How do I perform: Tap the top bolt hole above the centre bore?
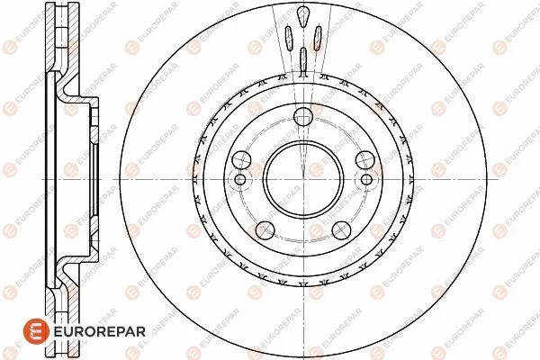coord(302,115)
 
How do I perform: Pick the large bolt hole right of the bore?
coord(364,159)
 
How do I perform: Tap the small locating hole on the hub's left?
coord(239,179)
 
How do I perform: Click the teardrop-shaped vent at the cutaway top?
coord(303,16)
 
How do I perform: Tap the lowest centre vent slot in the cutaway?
coord(303,59)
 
